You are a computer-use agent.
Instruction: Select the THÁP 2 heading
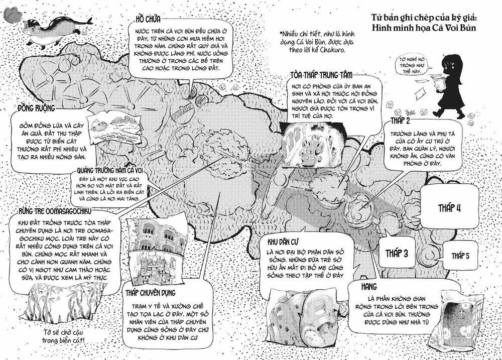[x=401, y=123]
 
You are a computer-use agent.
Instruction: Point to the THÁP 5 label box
[x=460, y=256]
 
